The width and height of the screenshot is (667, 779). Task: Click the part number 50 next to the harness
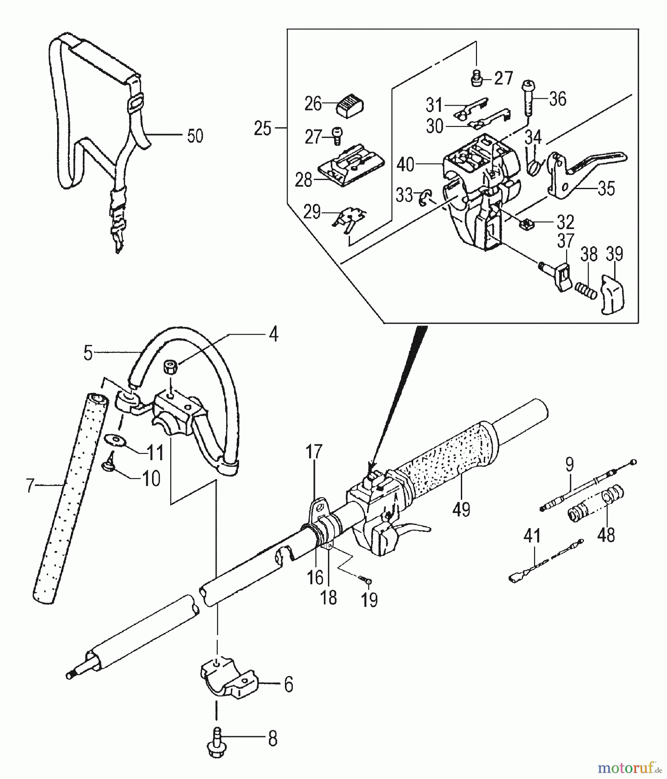point(195,136)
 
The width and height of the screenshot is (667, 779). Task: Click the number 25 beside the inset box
point(263,128)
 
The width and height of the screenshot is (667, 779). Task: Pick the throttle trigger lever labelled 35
point(576,171)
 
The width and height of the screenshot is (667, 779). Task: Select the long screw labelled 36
point(529,97)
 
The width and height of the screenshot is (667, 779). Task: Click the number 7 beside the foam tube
point(29,486)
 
